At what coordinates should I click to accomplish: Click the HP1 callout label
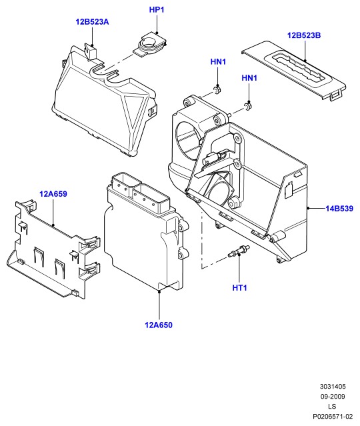coord(157,10)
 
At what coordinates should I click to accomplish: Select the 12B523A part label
coord(92,22)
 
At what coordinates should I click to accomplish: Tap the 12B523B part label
coord(304,35)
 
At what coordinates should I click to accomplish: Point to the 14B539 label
coord(339,209)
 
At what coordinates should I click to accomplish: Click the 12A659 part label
coord(53,194)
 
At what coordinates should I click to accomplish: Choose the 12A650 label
coord(159,325)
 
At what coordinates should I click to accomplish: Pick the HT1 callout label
coord(239,288)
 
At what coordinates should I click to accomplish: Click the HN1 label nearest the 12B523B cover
coord(249,78)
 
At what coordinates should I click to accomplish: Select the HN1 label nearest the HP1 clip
coord(218,62)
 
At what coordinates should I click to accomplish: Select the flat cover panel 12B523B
coord(294,70)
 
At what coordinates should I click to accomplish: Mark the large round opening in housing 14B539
coord(188,141)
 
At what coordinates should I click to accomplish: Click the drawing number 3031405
coord(333,387)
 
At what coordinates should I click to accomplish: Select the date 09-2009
coord(333,397)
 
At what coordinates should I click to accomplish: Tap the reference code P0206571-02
coord(333,417)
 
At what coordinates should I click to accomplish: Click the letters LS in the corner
coord(332,407)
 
